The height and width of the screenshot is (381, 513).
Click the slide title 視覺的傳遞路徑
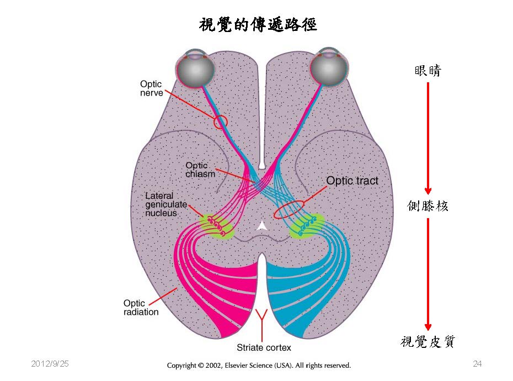tap(258, 24)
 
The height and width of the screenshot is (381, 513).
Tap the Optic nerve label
tap(151, 88)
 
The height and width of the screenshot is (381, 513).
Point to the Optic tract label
tap(352, 181)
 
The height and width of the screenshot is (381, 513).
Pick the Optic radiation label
tap(140, 308)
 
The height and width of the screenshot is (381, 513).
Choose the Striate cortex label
tap(264, 348)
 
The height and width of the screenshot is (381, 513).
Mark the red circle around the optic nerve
tap(220, 121)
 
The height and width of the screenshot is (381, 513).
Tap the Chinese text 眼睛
tap(427, 71)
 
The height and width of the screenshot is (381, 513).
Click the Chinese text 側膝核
tap(427, 206)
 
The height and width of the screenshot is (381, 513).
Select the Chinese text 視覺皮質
tap(427, 342)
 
